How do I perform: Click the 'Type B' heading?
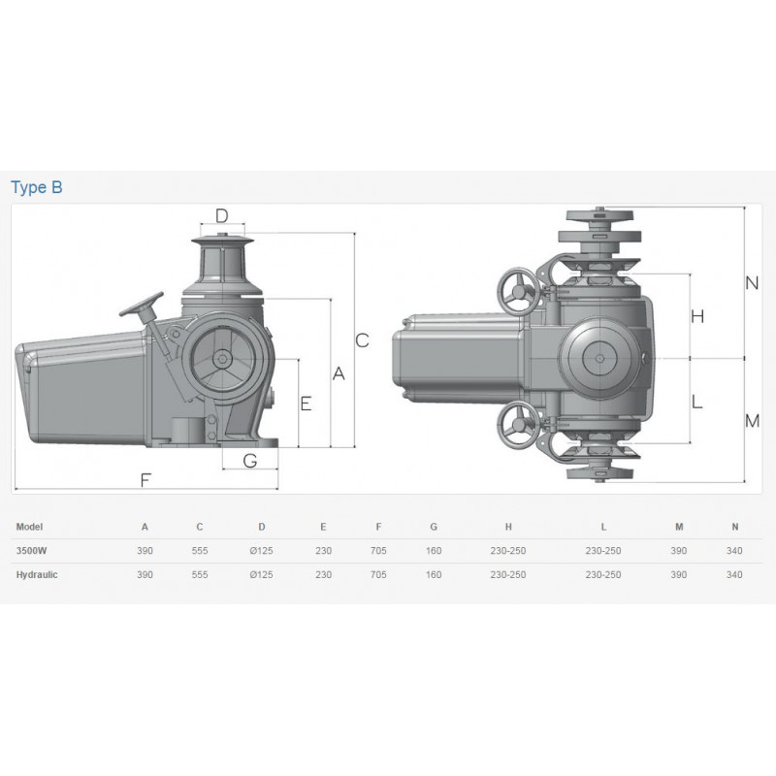37,187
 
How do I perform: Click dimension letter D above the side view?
222,215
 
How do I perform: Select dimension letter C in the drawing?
362,340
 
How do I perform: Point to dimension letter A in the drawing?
339,373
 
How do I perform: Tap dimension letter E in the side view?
306,404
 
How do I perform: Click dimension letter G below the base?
250,461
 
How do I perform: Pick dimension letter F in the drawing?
145,480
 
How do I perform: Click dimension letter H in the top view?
697,316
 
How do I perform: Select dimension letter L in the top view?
696,401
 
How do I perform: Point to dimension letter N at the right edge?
753,283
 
